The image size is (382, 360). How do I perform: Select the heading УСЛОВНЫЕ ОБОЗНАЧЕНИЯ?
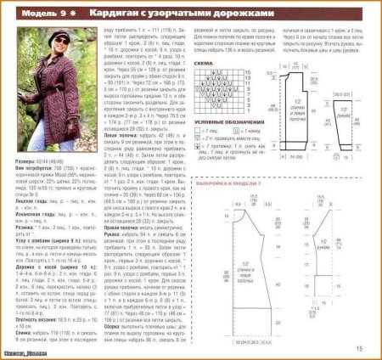222,123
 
